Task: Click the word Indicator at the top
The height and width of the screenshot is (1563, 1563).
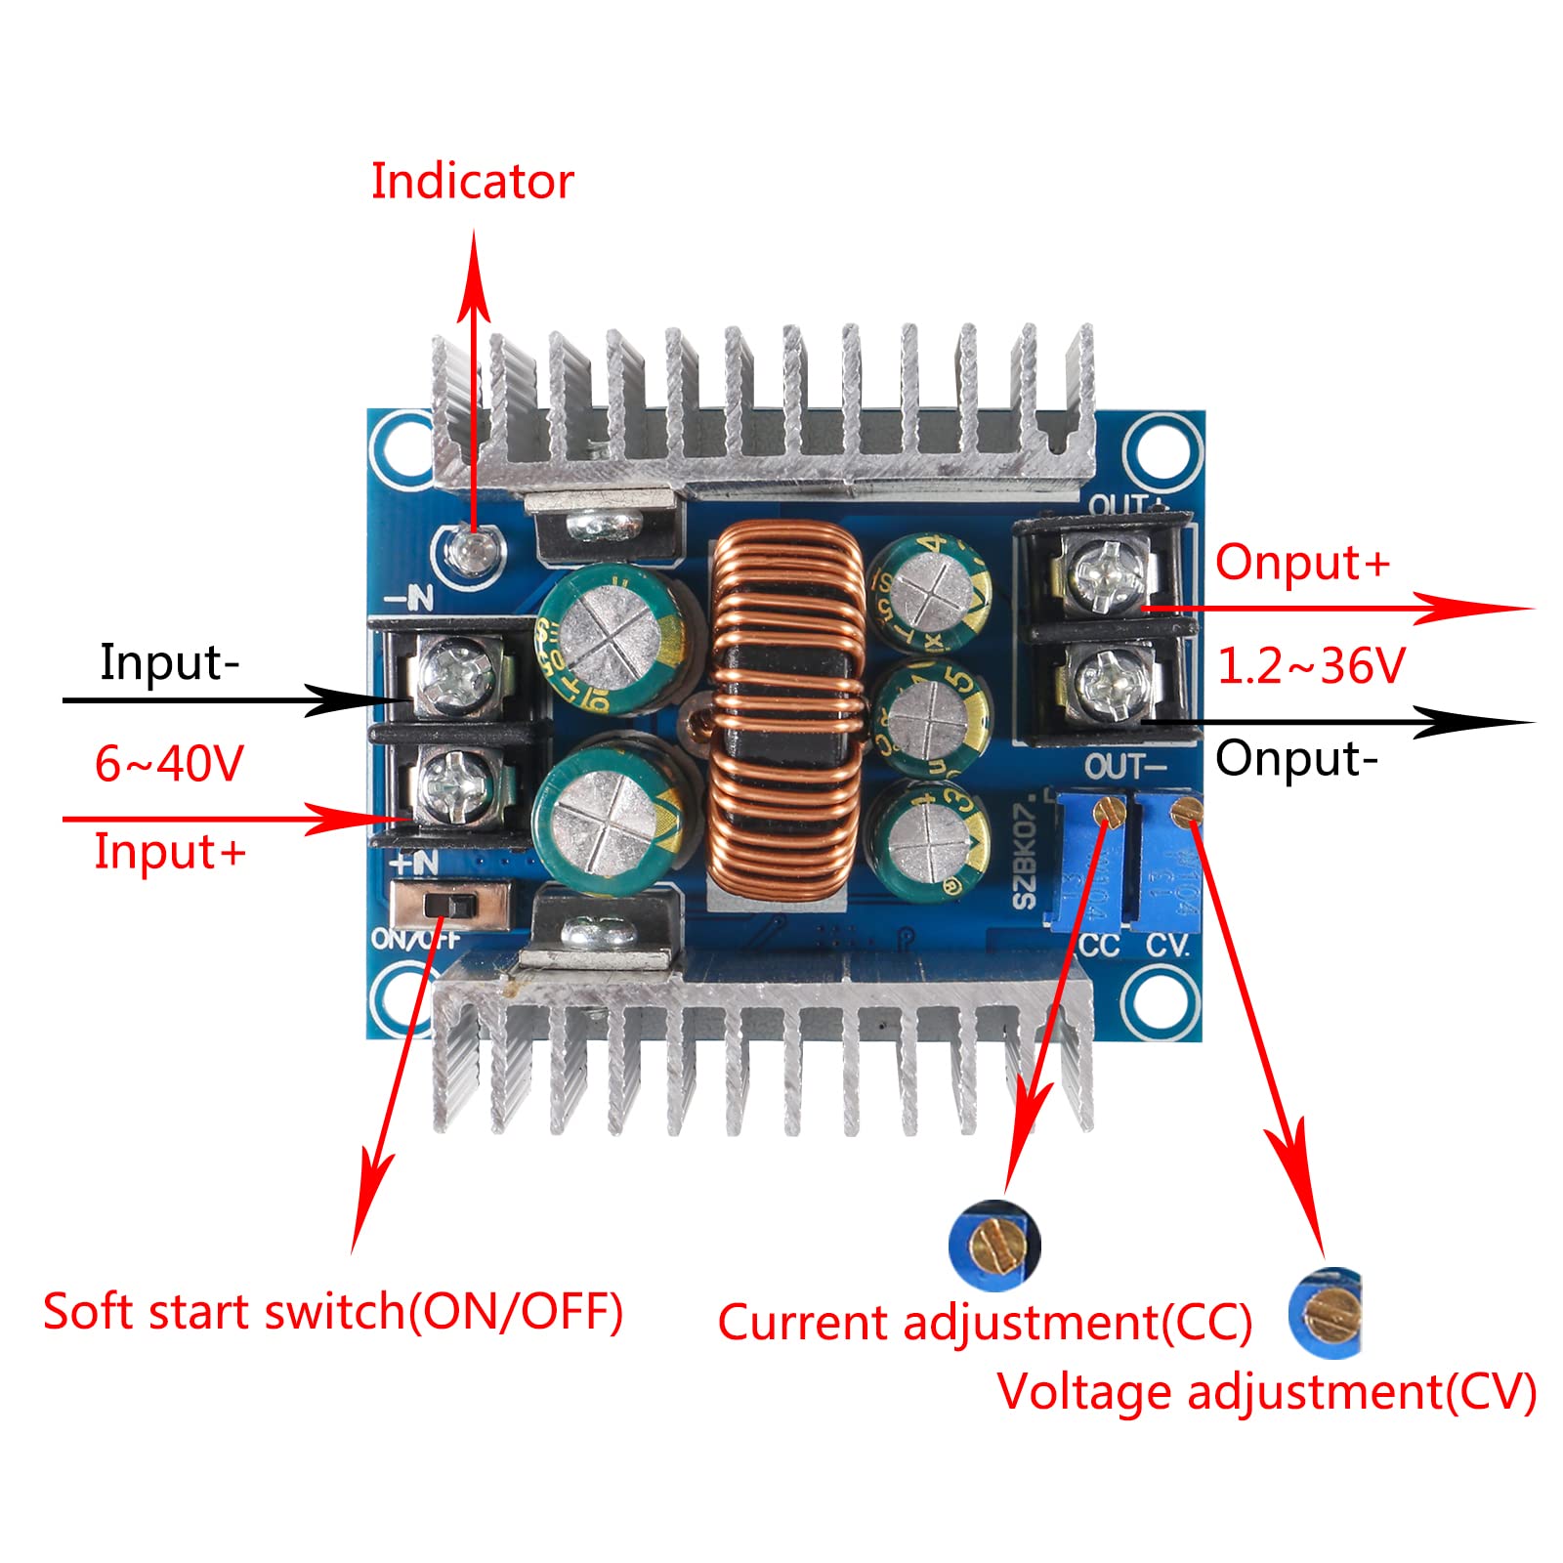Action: coord(472,182)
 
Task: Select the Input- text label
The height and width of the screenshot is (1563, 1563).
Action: coord(169,662)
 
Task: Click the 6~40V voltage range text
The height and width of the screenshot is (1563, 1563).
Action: coord(168,763)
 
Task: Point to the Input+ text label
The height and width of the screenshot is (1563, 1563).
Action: coord(169,851)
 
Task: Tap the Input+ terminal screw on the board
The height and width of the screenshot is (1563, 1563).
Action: coord(455,781)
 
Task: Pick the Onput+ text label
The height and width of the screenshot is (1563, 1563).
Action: coord(1301,563)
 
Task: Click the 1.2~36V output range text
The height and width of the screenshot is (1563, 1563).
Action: coord(1310,666)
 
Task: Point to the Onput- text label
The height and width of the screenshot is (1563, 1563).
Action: coord(1295,759)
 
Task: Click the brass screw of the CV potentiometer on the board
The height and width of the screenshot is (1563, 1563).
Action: coord(1187,809)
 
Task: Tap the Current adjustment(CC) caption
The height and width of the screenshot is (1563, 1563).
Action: coord(985,1323)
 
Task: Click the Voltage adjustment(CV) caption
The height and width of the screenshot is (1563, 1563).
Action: coord(1266,1391)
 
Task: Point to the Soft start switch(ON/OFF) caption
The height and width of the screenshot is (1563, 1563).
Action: coord(333,1311)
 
